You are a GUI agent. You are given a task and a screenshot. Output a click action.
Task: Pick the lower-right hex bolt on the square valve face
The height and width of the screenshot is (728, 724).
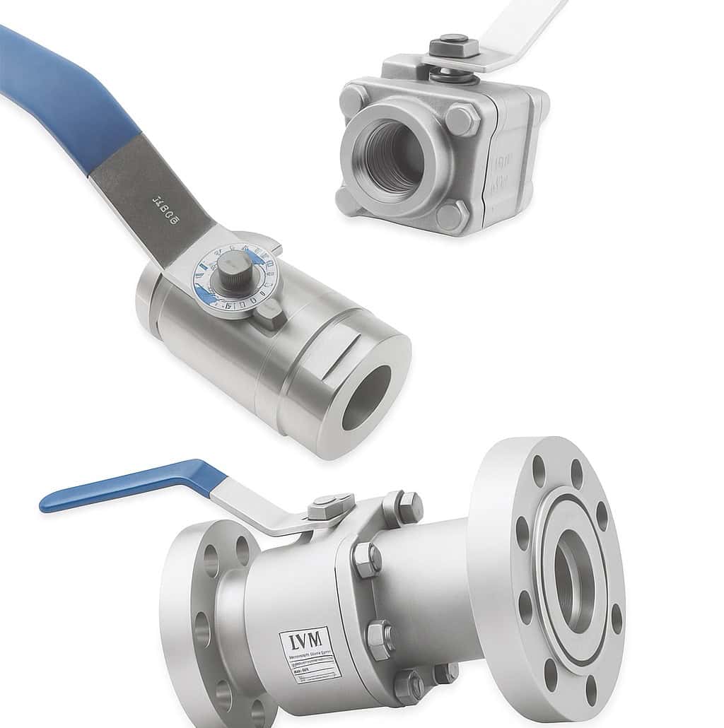pos(452,214)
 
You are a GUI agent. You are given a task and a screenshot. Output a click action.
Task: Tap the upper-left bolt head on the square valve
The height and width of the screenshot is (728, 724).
pos(354,100)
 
